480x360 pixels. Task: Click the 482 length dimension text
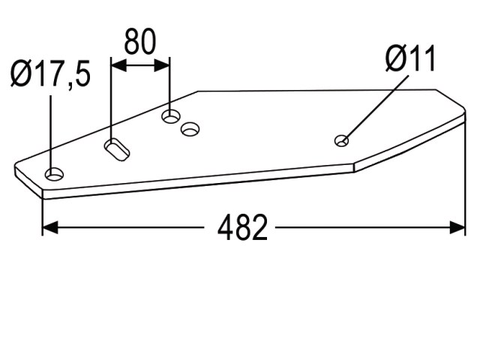[242, 227]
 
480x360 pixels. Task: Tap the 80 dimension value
[140, 42]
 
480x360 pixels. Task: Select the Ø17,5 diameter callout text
[50, 73]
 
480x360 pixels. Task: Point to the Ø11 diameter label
[410, 58]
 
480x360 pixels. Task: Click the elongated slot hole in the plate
[117, 150]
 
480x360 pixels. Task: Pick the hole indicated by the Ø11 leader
[341, 141]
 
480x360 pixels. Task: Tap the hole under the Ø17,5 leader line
[55, 174]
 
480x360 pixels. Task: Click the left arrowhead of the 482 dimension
[50, 227]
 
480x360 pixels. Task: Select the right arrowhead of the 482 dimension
[457, 227]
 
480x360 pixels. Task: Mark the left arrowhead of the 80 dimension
[118, 65]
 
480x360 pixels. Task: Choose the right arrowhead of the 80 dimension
[162, 65]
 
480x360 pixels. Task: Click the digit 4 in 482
[225, 227]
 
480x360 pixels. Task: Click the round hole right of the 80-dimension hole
[190, 129]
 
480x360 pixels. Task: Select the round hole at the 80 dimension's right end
[171, 116]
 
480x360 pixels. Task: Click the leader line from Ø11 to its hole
[375, 109]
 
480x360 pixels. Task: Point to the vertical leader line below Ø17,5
[50, 135]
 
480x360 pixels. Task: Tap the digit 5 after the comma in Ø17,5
[83, 73]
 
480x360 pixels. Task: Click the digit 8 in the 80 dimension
[132, 42]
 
